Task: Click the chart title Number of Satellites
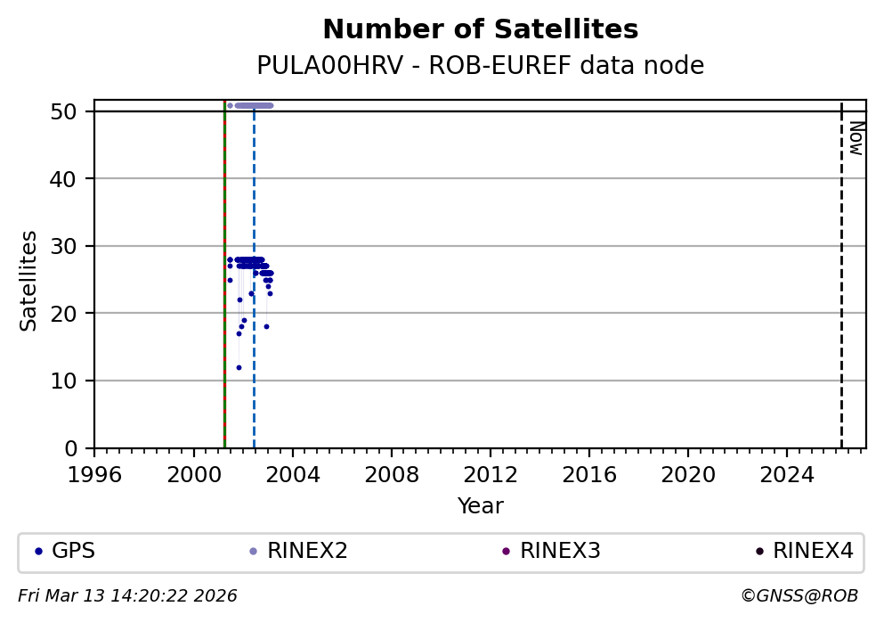tap(480, 30)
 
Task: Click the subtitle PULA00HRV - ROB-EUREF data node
tap(480, 66)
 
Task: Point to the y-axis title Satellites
tap(29, 281)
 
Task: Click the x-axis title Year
tap(480, 507)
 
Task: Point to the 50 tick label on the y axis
tap(74, 111)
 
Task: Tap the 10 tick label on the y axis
tap(74, 381)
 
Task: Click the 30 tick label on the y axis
tap(74, 246)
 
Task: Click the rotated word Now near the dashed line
tap(856, 138)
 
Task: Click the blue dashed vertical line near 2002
tap(254, 357)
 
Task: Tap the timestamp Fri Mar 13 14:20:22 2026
tap(127, 596)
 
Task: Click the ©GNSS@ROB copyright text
tap(799, 596)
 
